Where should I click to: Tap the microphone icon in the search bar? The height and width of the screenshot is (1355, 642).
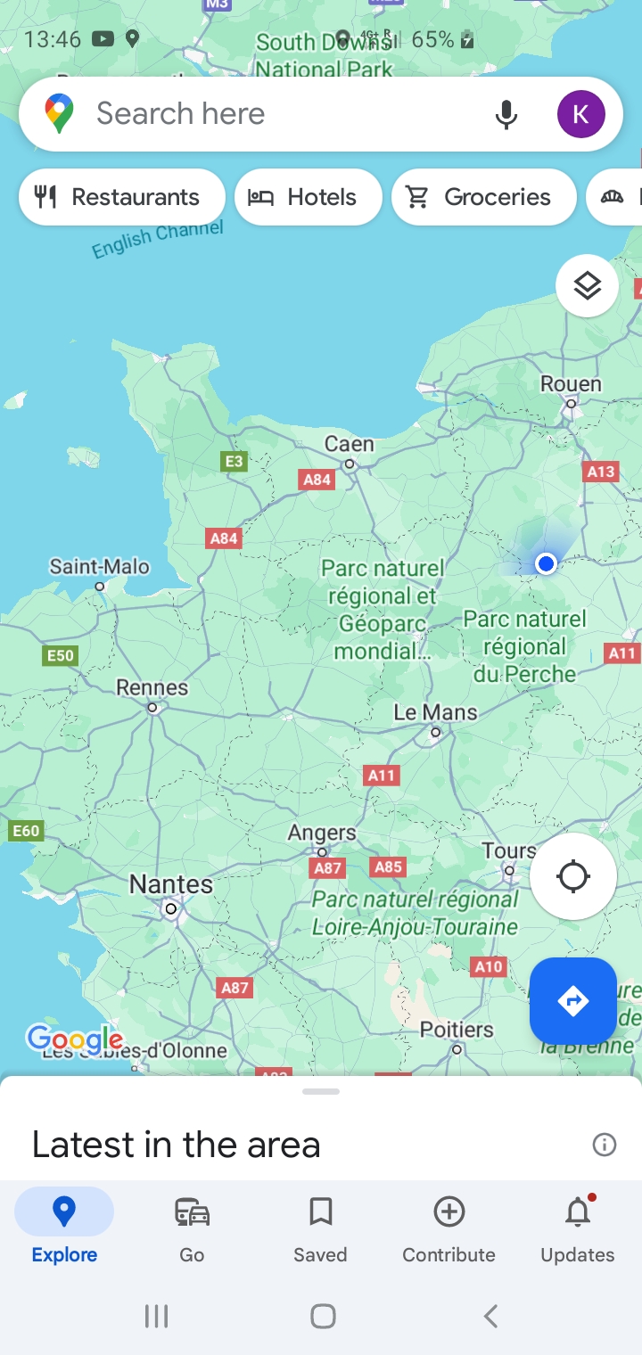coord(506,114)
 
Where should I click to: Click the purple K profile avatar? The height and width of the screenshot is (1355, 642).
coord(580,114)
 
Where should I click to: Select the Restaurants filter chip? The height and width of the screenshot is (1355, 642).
coord(121,197)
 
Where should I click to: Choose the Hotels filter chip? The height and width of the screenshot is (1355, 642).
coord(308,197)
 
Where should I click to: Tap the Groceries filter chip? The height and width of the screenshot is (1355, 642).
coord(483,197)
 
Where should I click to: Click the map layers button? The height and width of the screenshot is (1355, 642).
coord(587,286)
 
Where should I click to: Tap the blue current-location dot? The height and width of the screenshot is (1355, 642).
coord(547,563)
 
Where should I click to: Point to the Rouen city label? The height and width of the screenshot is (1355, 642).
coord(571,384)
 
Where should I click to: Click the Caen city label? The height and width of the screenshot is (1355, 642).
coord(350,444)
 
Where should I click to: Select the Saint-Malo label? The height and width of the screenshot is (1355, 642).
coord(100,567)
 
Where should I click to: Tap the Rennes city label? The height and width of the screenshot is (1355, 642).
coord(152,688)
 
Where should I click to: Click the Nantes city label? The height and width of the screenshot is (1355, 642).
coord(171,884)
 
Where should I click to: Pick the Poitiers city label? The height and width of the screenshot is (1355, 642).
coord(457,1031)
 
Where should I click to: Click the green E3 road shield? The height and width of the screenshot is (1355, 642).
coord(234,461)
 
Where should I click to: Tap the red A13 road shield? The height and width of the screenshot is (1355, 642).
coord(601,472)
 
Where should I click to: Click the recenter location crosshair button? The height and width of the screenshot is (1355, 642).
coord(572,876)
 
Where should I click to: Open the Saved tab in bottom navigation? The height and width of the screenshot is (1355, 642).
coord(320,1227)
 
